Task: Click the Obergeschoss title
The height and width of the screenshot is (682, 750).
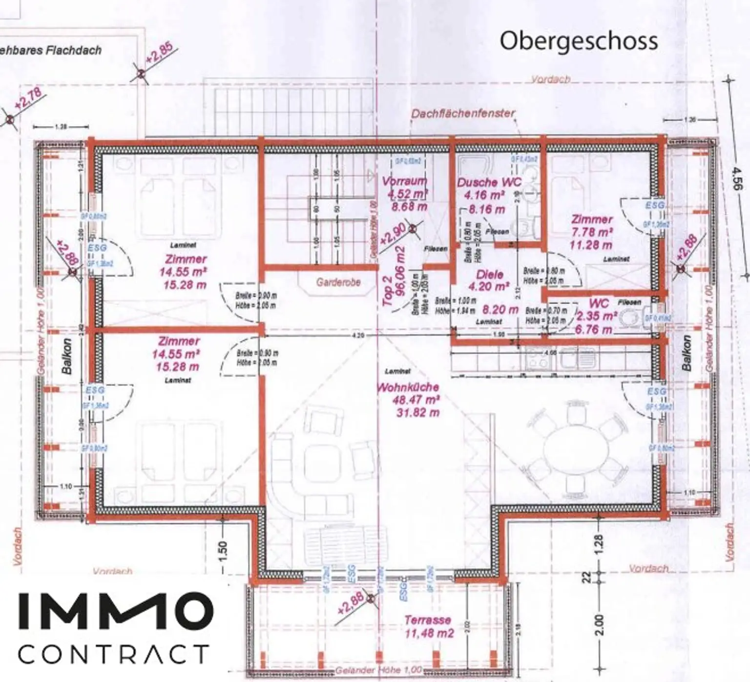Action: coord(578,41)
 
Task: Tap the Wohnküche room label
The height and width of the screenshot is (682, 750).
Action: coord(408,388)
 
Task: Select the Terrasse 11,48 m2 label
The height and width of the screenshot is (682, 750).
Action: coord(428,626)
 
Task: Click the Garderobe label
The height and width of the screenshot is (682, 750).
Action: coord(338,282)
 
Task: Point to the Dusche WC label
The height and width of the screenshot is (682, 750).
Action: coord(489,183)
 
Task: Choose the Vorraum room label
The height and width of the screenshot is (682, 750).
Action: coord(404,181)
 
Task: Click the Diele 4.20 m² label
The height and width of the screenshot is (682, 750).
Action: coord(489,281)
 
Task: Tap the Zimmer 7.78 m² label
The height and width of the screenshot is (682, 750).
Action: coord(592,226)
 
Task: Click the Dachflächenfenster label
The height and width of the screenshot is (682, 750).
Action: coord(462,114)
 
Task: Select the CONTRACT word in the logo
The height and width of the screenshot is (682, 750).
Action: coord(113,654)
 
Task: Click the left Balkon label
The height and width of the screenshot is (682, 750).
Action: coord(67,356)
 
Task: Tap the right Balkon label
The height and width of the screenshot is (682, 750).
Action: coord(687,353)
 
